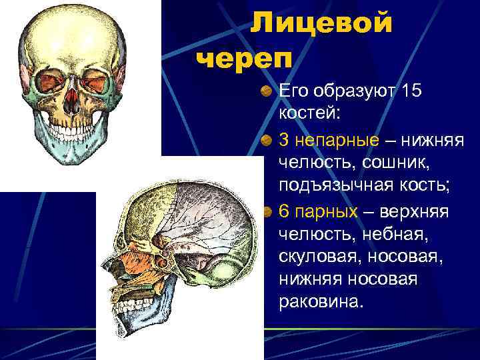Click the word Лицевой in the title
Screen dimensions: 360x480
tap(321, 24)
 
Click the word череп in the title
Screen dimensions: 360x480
tap(245, 58)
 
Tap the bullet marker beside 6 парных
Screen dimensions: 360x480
tap(266, 211)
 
